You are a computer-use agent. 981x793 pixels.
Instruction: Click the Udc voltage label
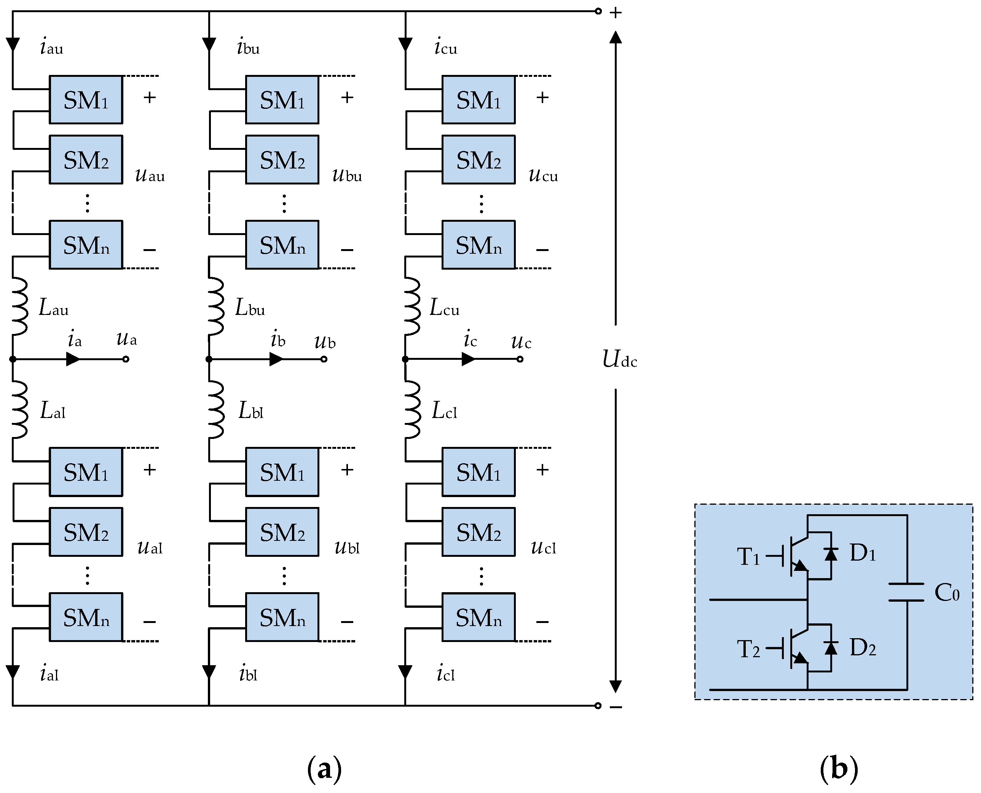point(619,359)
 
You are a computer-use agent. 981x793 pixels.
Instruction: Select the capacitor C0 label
point(947,593)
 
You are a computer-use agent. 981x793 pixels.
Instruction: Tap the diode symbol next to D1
point(831,554)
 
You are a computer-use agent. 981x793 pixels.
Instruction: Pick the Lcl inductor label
point(444,411)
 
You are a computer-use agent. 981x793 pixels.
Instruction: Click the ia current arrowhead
point(73,359)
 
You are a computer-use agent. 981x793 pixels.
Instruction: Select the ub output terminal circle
point(324,359)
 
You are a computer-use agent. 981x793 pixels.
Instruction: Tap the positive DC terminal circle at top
point(598,11)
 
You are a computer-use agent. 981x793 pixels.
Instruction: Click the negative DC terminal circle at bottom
point(598,706)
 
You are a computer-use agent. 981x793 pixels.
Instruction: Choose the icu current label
point(445,47)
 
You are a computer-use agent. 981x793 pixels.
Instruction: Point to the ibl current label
point(248,674)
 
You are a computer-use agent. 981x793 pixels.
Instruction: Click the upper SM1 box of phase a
point(86,100)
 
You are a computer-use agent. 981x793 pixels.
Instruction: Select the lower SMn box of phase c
point(478,617)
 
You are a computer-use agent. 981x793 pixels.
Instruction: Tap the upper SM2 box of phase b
point(282,159)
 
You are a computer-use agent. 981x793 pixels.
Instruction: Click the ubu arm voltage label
point(347,175)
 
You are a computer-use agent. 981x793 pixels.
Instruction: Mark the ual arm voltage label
point(150,547)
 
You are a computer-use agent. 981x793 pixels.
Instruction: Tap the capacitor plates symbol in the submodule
point(906,592)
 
